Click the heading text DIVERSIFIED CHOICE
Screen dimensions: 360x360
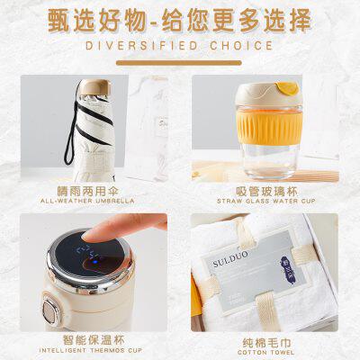coord(180,45)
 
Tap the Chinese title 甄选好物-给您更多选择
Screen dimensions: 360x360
coord(180,20)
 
